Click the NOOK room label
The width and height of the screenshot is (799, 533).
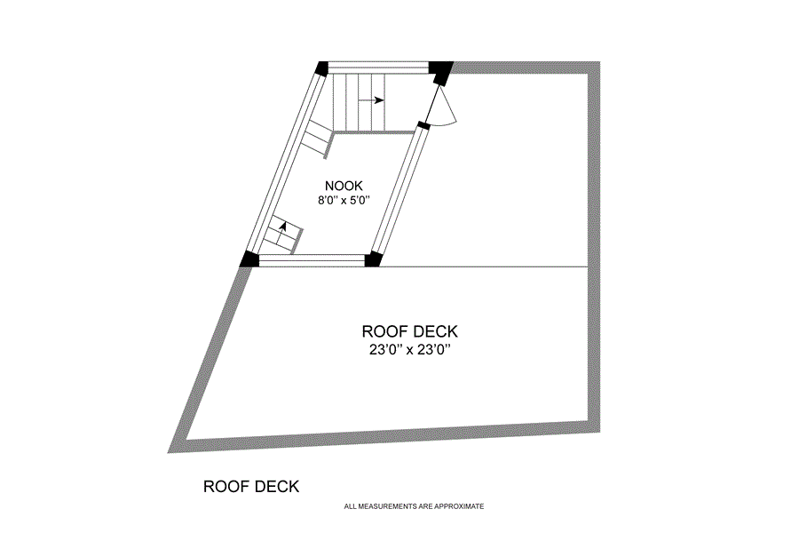pyautogui.click(x=344, y=186)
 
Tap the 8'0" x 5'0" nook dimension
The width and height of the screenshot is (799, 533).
pyautogui.click(x=344, y=201)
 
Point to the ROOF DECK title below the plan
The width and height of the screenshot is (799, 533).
pyautogui.click(x=251, y=487)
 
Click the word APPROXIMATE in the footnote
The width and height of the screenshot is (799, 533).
pyautogui.click(x=456, y=506)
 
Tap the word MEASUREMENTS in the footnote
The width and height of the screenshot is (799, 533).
pyautogui.click(x=392, y=506)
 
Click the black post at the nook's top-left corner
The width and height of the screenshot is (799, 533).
pyautogui.click(x=321, y=68)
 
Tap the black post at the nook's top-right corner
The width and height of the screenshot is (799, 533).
pyautogui.click(x=439, y=69)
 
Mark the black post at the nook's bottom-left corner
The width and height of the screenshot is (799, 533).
pyautogui.click(x=249, y=259)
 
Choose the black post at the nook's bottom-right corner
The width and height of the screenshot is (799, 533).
pyautogui.click(x=373, y=259)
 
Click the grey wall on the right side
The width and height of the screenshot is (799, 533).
pyautogui.click(x=597, y=249)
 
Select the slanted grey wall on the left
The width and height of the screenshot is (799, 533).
pyautogui.click(x=209, y=355)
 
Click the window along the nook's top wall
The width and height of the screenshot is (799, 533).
pyautogui.click(x=379, y=68)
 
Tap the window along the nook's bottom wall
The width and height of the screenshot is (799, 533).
pyautogui.click(x=311, y=259)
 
